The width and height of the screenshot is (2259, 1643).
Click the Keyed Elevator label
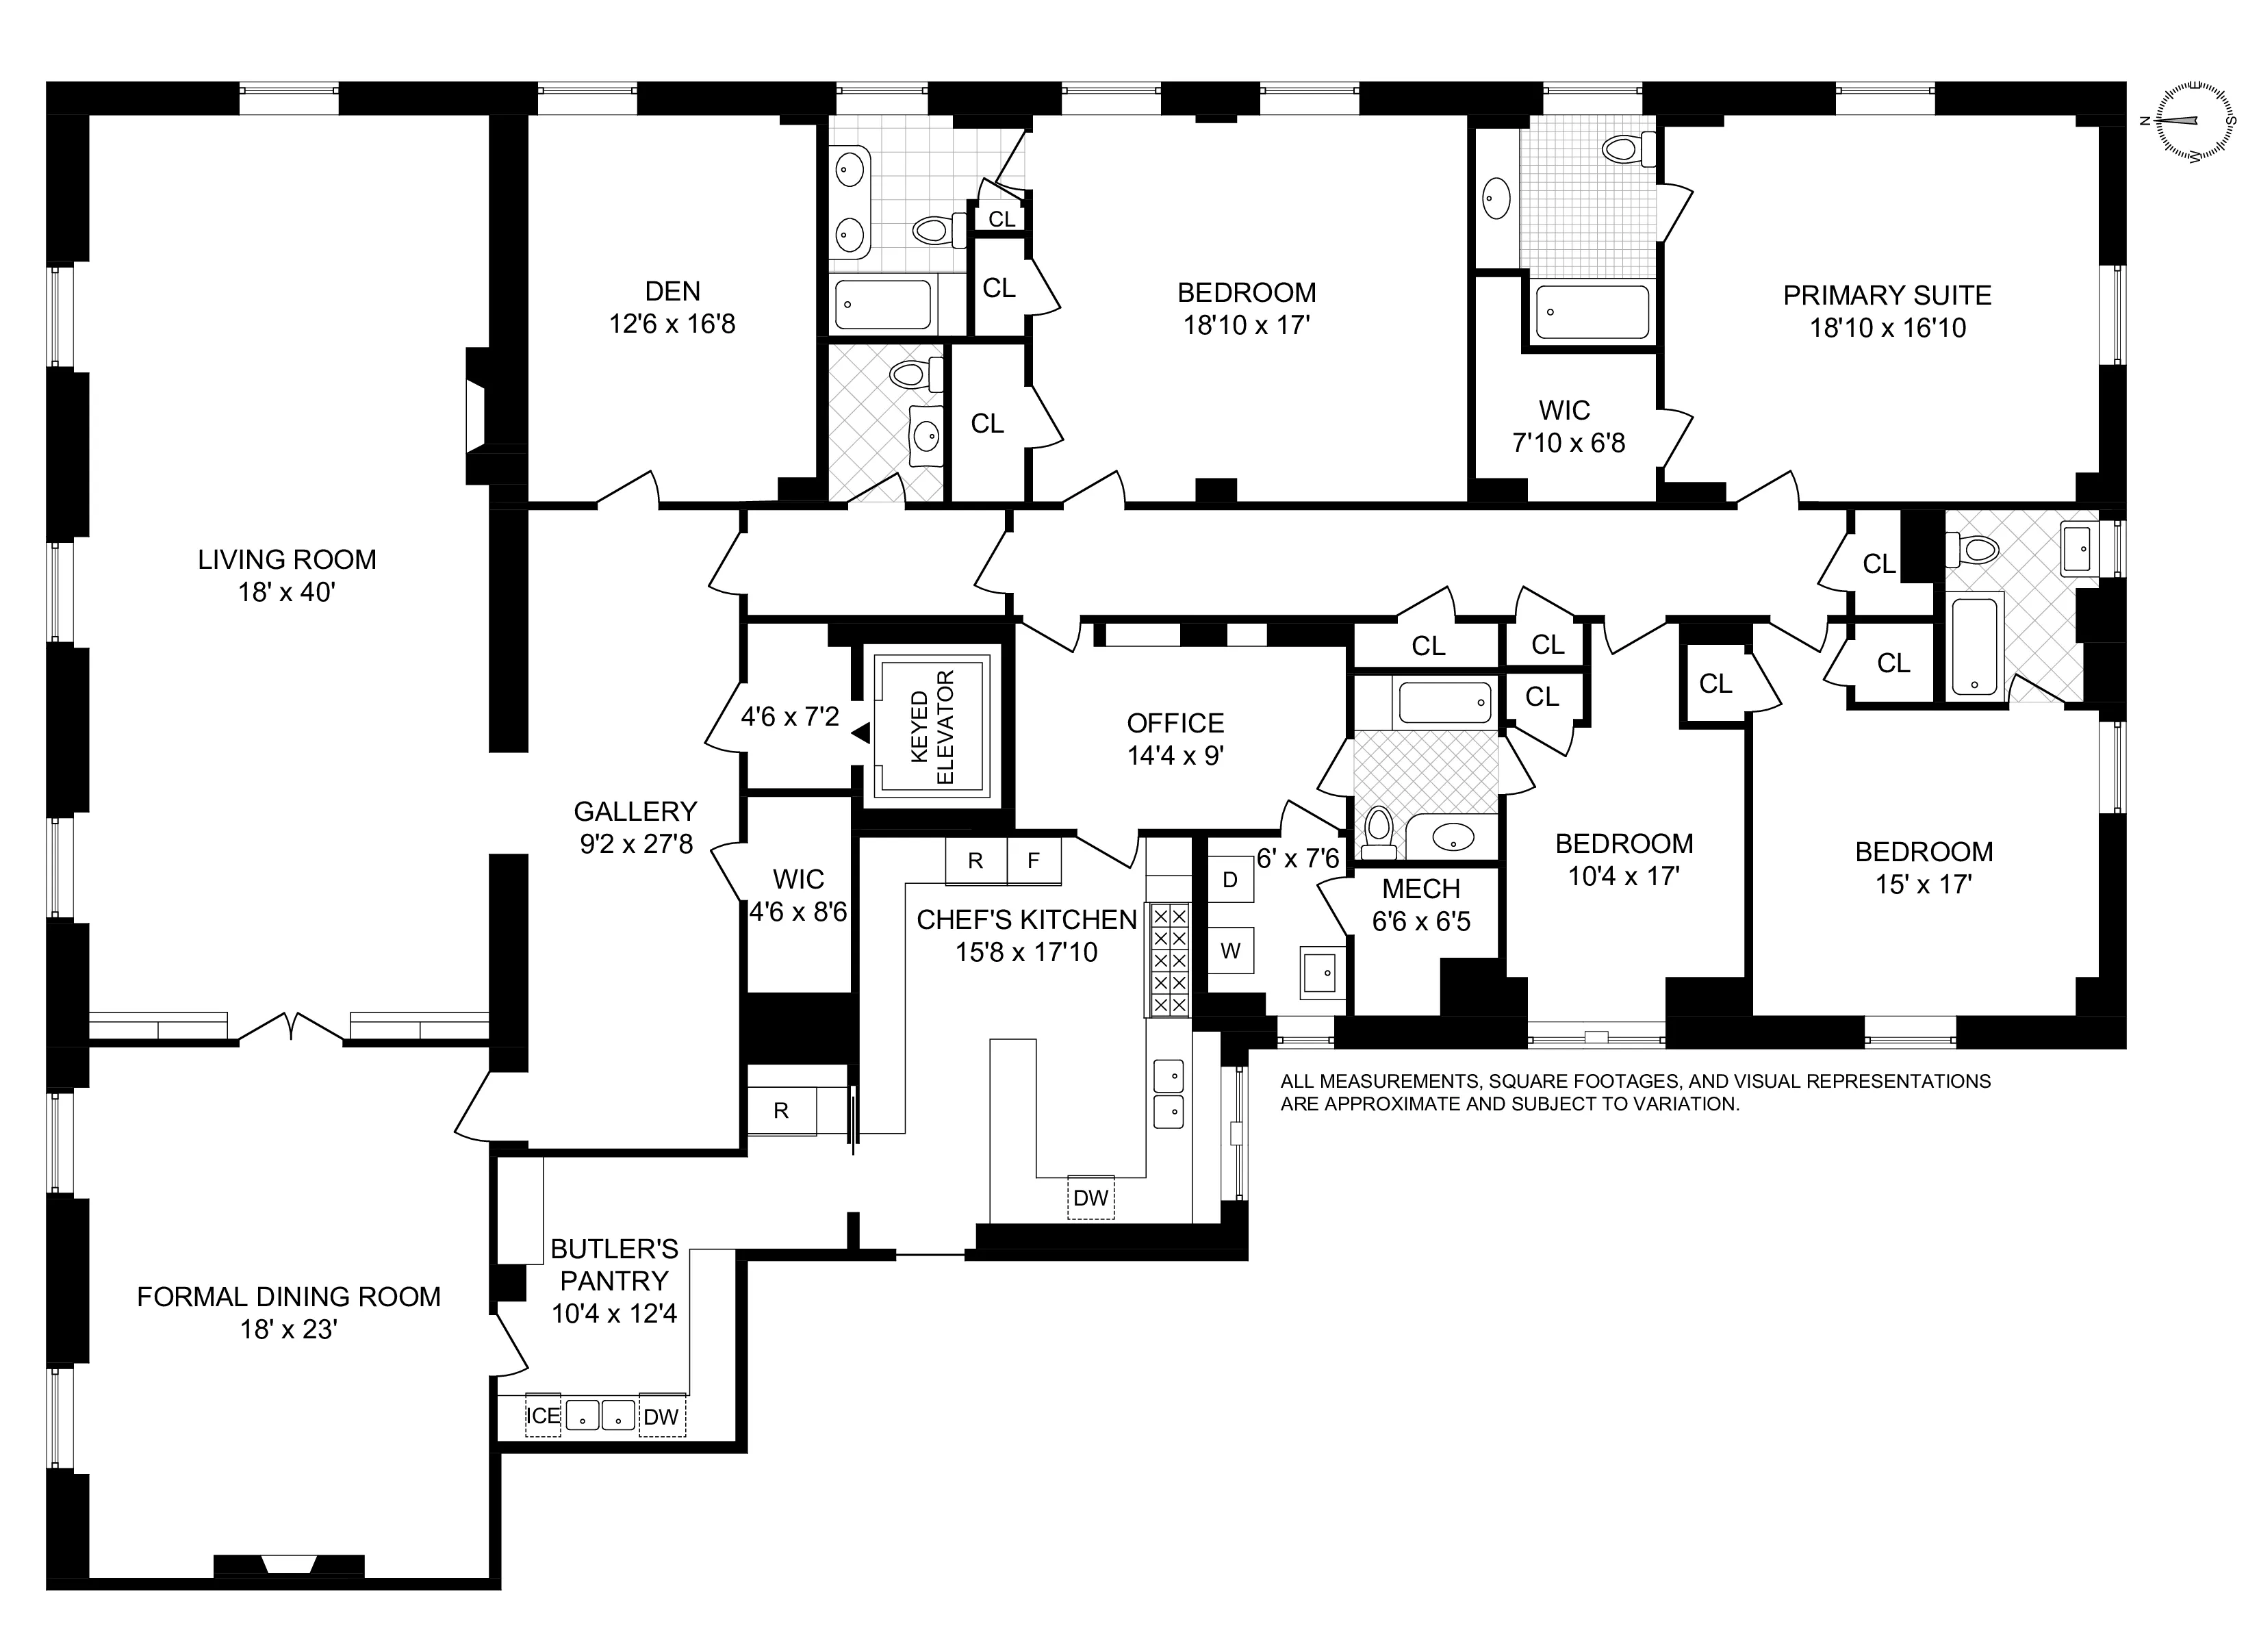click(x=932, y=727)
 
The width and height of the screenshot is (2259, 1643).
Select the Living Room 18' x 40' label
click(x=287, y=575)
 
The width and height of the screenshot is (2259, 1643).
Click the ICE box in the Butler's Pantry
click(x=543, y=1416)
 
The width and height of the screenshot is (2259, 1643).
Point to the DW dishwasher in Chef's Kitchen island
click(x=1090, y=1197)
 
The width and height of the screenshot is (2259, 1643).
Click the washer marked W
click(x=1230, y=950)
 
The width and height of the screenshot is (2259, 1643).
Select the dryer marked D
click(x=1230, y=880)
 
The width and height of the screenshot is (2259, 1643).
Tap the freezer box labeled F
click(x=1034, y=861)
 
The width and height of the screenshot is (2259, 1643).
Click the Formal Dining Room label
click(x=288, y=1312)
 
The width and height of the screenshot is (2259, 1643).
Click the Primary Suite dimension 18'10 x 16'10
click(x=1887, y=328)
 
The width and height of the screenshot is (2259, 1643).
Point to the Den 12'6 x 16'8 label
click(x=672, y=307)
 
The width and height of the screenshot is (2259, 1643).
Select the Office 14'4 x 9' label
click(x=1175, y=738)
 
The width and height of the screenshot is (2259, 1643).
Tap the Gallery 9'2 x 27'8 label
click(x=635, y=827)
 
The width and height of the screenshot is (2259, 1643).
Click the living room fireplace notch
click(x=476, y=418)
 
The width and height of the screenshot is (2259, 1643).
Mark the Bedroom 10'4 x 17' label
click(x=1624, y=859)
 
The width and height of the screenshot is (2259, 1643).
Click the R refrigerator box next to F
click(x=975, y=861)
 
